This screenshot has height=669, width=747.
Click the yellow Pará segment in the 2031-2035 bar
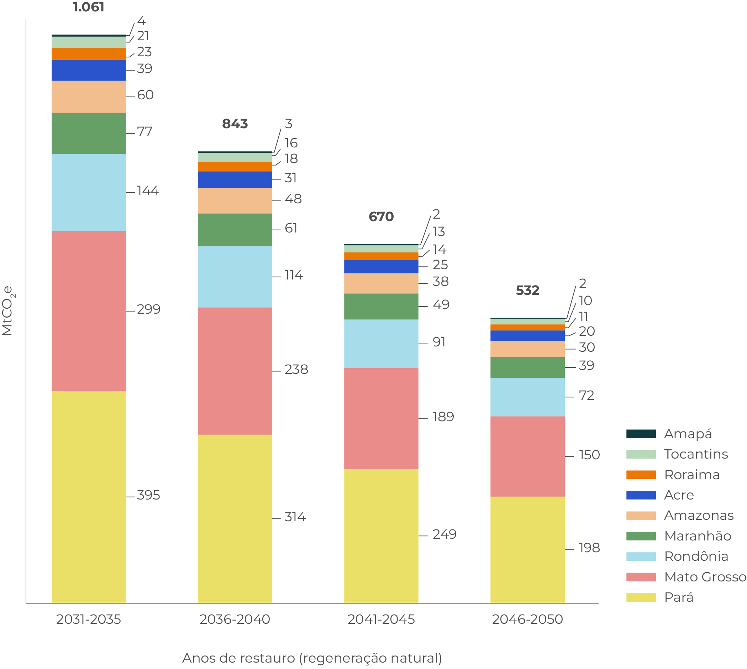[89, 496]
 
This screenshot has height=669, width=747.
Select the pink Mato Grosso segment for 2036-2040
[235, 371]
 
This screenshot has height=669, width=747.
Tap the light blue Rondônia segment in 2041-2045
[381, 344]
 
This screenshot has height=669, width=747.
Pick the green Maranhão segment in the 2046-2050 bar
[527, 367]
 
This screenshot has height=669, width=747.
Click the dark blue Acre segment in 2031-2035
[89, 70]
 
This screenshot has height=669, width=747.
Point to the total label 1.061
[89, 7]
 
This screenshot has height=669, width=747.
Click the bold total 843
[235, 124]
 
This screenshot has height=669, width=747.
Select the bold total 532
[527, 291]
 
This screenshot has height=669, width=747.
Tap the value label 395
[148, 495]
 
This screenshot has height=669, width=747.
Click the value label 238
[296, 370]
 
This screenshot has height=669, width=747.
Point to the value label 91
[439, 342]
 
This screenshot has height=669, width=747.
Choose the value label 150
[589, 455]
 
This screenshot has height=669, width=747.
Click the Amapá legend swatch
[641, 434]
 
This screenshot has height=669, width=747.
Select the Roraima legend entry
[691, 475]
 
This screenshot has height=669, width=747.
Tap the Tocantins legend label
[696, 454]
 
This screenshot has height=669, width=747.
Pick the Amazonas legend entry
[699, 515]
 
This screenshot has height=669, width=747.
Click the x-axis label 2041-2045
[381, 620]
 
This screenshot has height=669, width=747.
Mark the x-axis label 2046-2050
[527, 620]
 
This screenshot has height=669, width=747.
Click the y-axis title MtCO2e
[8, 311]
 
